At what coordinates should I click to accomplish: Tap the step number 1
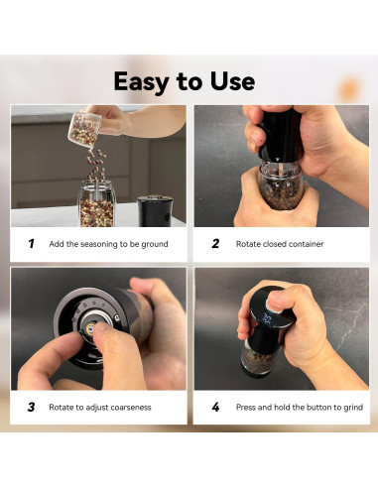click(x=31, y=243)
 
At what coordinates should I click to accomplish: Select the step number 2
click(x=215, y=243)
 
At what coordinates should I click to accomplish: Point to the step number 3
click(x=31, y=407)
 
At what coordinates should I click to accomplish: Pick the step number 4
click(x=215, y=407)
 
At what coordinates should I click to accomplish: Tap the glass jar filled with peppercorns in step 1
click(x=96, y=193)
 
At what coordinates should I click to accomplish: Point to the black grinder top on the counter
click(x=155, y=208)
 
